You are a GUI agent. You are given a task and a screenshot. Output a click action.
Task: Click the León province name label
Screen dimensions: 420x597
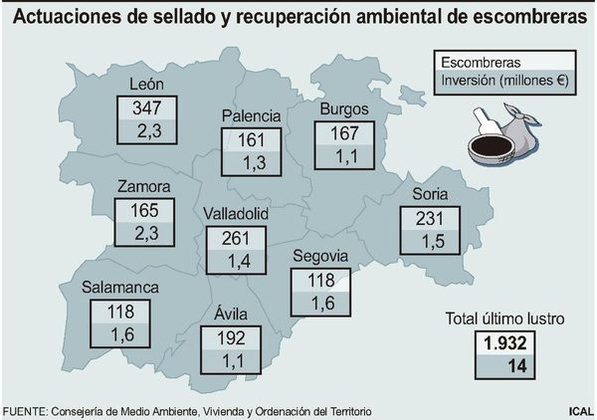(x=147, y=84)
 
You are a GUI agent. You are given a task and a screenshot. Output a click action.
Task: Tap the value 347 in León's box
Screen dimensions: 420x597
(x=147, y=108)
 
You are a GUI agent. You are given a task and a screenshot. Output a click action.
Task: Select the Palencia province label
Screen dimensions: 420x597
(x=251, y=116)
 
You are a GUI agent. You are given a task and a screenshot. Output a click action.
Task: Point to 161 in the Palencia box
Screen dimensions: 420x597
(x=251, y=140)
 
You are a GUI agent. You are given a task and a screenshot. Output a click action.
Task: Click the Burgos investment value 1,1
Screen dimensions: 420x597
(x=347, y=156)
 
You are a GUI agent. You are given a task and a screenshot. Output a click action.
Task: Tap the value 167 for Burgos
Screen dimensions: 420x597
(x=344, y=134)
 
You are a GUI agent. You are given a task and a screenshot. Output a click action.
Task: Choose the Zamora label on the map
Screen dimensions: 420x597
(x=144, y=186)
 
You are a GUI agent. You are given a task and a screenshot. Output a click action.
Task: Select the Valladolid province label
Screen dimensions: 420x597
(x=236, y=214)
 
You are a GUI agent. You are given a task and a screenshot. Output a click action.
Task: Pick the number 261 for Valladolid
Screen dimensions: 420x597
(x=236, y=239)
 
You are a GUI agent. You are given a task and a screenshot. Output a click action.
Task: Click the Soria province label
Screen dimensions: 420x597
(x=430, y=194)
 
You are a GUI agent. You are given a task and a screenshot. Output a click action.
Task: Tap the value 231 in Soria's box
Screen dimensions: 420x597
(x=430, y=219)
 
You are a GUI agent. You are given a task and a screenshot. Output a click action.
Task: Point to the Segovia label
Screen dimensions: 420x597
(x=321, y=256)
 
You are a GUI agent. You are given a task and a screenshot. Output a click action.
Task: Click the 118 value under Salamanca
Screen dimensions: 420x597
(x=121, y=312)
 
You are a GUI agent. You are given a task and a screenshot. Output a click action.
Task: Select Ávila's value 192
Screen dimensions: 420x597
(x=231, y=338)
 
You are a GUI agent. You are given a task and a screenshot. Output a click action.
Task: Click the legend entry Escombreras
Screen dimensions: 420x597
(x=481, y=62)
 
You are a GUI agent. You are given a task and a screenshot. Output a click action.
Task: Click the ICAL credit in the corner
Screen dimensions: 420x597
(x=581, y=411)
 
